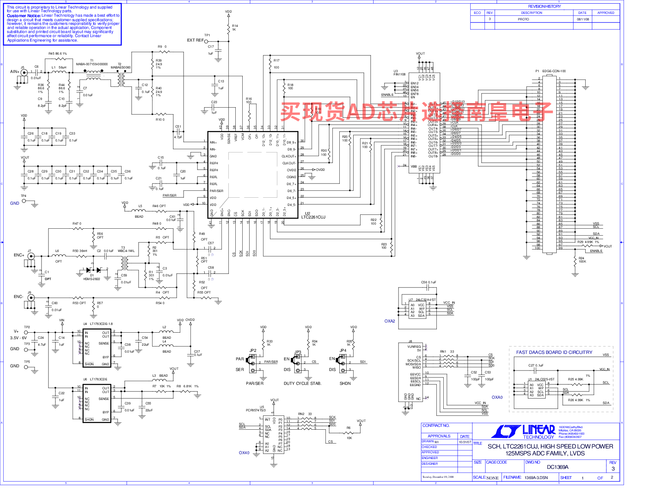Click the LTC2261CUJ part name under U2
[313, 217]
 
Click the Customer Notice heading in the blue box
[24, 15]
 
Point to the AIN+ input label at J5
[15, 72]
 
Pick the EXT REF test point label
[195, 40]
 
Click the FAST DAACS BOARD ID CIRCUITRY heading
[554, 352]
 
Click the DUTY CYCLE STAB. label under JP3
[302, 384]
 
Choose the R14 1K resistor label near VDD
[235, 28]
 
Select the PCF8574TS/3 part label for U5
[256, 411]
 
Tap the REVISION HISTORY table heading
[544, 7]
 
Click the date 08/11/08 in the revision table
[582, 19]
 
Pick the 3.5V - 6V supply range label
[18, 338]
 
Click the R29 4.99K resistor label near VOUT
[588, 242]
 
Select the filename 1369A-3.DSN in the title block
[536, 478]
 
